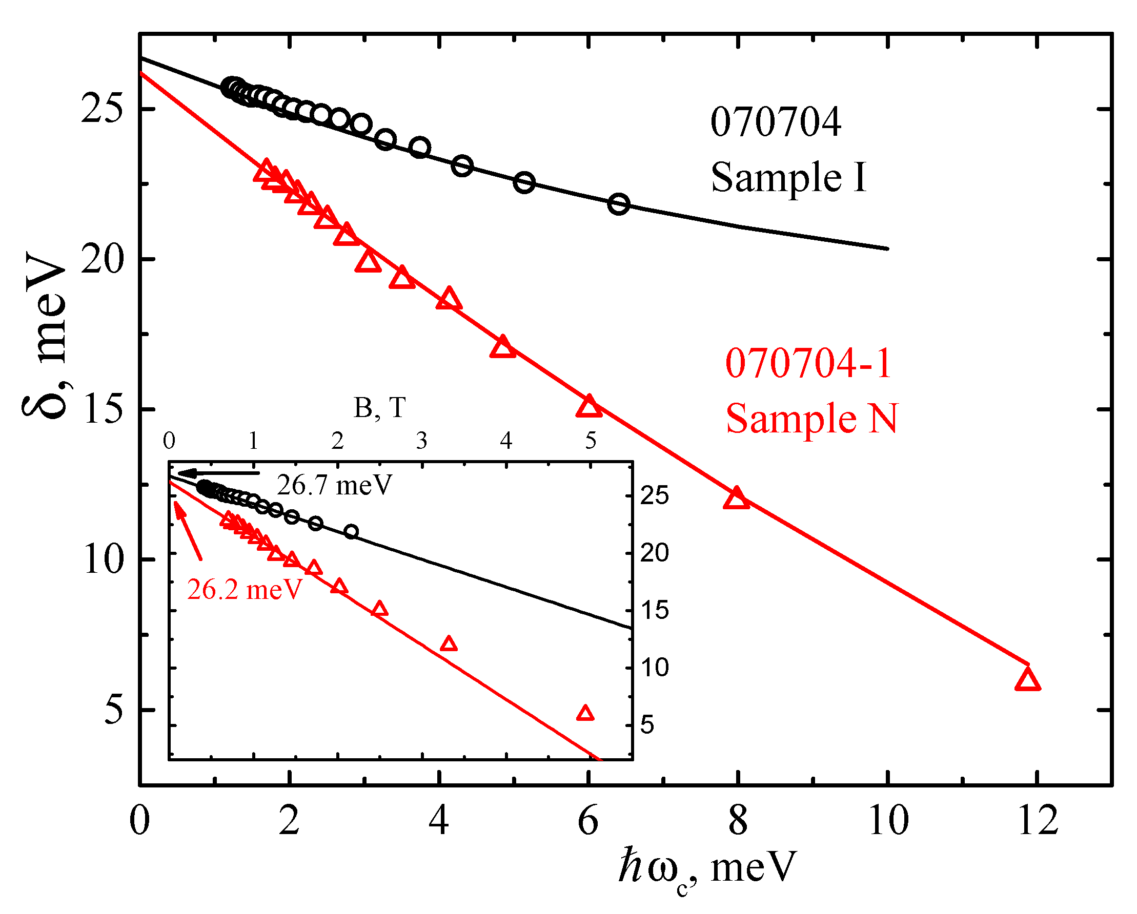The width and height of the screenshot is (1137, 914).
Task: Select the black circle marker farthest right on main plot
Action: pyautogui.click(x=619, y=204)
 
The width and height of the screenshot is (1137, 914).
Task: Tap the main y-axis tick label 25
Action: pyautogui.click(x=102, y=109)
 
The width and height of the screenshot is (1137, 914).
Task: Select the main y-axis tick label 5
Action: pyautogui.click(x=113, y=710)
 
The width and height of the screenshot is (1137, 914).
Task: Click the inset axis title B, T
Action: pyautogui.click(x=379, y=408)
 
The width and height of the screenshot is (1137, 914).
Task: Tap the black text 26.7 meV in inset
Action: pyautogui.click(x=334, y=485)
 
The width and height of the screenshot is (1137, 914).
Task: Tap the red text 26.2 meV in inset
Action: pyautogui.click(x=245, y=589)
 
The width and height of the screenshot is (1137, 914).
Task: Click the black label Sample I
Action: pyautogui.click(x=788, y=177)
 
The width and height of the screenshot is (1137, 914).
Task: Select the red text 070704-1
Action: pyautogui.click(x=808, y=364)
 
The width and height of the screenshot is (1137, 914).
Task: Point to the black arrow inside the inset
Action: pyautogui.click(x=219, y=473)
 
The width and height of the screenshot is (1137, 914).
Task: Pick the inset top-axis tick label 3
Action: pyautogui.click(x=421, y=441)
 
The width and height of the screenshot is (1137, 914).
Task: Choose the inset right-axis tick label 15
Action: pyautogui.click(x=654, y=610)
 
